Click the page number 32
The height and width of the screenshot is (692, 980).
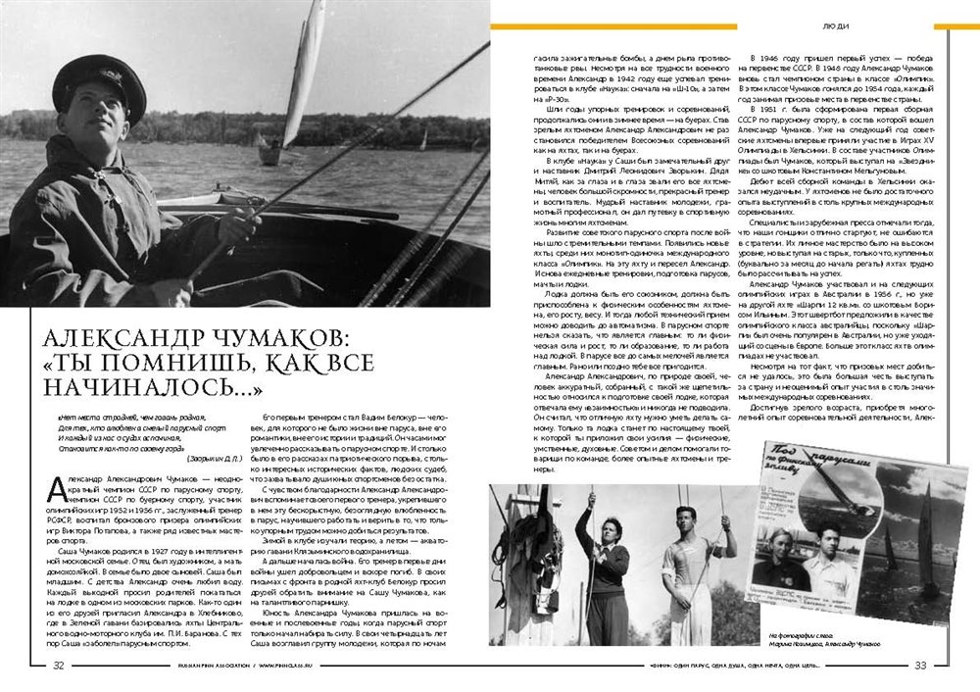click(59, 664)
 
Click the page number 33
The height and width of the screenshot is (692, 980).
click(920, 665)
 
